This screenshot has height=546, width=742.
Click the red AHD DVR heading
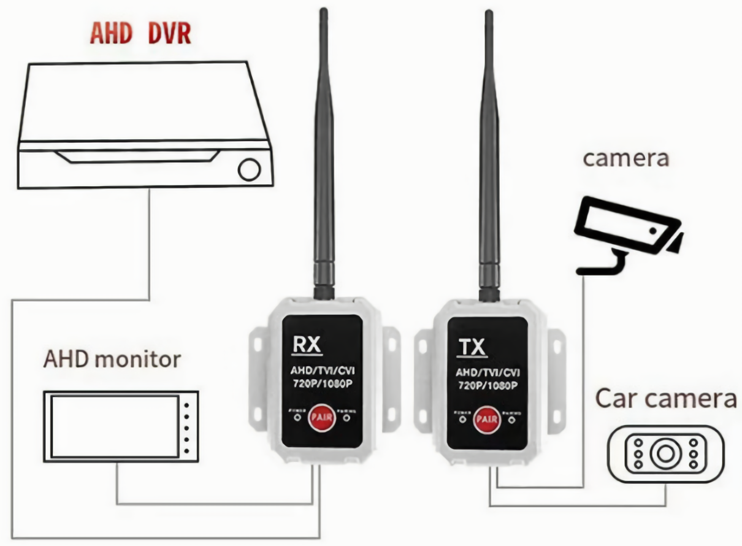tap(140, 33)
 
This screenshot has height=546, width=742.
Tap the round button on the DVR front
tap(249, 170)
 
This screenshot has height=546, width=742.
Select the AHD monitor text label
tap(112, 359)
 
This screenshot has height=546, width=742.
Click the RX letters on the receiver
tap(307, 345)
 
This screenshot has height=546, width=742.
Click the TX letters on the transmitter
tap(472, 347)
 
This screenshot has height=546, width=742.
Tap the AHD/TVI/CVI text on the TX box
tap(488, 373)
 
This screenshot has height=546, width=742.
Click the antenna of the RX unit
tap(324, 153)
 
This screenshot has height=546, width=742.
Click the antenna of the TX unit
tap(489, 153)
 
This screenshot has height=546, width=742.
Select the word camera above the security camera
tap(625, 158)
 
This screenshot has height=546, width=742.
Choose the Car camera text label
tap(665, 399)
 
